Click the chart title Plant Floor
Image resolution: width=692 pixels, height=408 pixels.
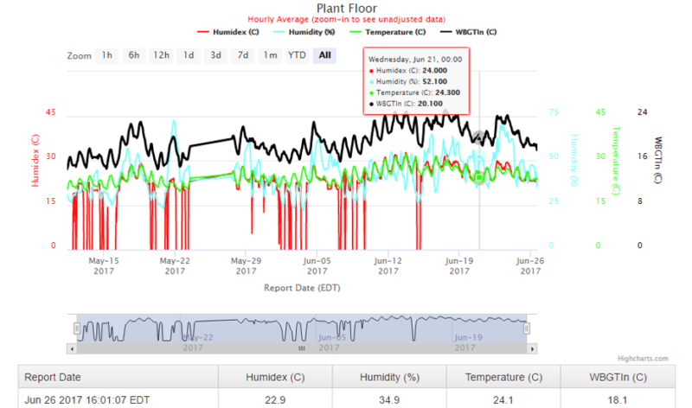pyautogui.click(x=345, y=8)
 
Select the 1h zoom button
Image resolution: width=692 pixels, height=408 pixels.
pyautogui.click(x=106, y=55)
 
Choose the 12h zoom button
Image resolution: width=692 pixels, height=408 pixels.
pyautogui.click(x=161, y=55)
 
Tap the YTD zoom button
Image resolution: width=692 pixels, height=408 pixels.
pyautogui.click(x=297, y=55)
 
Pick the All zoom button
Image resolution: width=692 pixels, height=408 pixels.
pyautogui.click(x=324, y=55)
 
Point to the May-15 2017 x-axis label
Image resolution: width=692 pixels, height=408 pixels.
pyautogui.click(x=104, y=265)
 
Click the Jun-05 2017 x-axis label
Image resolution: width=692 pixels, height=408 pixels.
pyautogui.click(x=317, y=265)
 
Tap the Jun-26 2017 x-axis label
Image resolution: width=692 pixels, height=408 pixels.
pyautogui.click(x=529, y=265)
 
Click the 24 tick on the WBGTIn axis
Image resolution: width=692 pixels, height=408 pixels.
pyautogui.click(x=642, y=112)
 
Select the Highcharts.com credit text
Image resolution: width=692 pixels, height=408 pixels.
pyautogui.click(x=643, y=358)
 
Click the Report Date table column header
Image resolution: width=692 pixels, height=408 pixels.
pyautogui.click(x=53, y=377)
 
